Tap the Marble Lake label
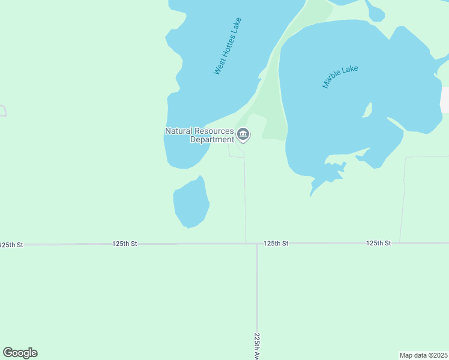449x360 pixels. point(340,77)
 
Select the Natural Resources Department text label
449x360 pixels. point(199,136)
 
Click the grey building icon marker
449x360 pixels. point(243,133)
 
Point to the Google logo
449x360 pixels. point(20,353)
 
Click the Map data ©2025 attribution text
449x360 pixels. point(423,355)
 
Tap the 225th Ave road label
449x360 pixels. point(257,346)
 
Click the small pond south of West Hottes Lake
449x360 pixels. point(191,204)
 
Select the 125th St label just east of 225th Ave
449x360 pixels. point(276,244)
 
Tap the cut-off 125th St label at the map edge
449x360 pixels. point(11,245)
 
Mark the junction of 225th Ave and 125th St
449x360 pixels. point(257,244)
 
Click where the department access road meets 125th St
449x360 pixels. point(246,243)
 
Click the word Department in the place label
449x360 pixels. point(211,140)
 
